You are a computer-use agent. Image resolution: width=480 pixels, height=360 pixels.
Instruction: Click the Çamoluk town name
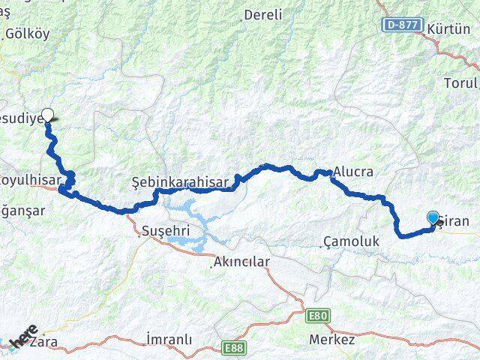[x=351, y=241]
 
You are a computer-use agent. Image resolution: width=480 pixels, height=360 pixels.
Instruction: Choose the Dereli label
[x=263, y=14]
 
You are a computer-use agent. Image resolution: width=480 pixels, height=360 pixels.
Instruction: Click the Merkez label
[x=332, y=340]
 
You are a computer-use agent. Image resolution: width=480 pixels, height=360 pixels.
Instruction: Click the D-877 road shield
[x=400, y=25]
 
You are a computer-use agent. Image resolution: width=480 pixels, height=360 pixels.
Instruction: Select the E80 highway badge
[x=319, y=316]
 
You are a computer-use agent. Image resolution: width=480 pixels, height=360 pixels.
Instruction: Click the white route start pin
[x=48, y=115]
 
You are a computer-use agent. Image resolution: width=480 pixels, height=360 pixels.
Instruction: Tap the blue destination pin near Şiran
[x=433, y=217]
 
